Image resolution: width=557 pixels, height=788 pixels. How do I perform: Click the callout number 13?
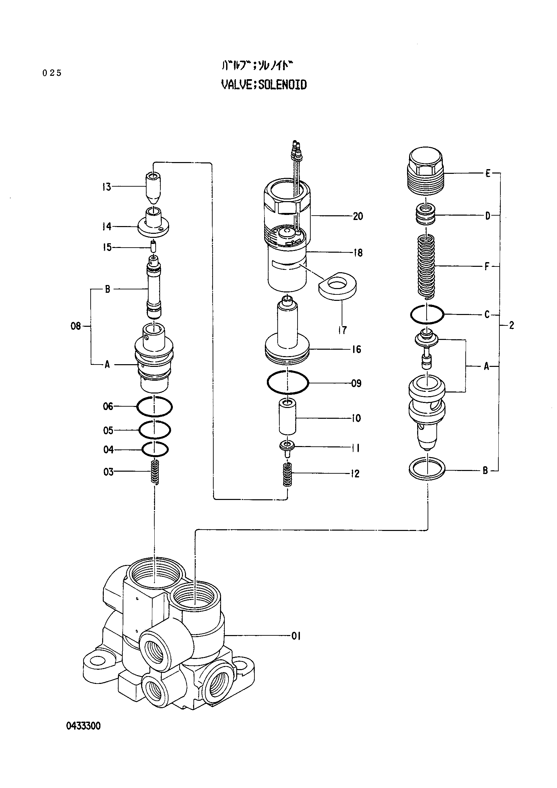(x=106, y=187)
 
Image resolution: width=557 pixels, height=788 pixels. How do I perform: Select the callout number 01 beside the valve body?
(x=296, y=636)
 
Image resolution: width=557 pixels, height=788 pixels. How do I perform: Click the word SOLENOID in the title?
(x=282, y=85)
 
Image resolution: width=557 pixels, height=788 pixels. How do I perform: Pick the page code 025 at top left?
(x=52, y=73)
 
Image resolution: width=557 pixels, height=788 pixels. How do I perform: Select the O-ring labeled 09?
(x=288, y=382)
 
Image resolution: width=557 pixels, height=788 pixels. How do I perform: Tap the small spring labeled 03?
(x=155, y=472)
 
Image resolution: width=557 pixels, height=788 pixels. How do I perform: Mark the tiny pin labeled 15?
(x=153, y=246)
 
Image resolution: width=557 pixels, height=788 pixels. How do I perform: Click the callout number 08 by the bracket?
(x=75, y=326)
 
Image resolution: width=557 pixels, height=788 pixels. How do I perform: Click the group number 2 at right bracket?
(x=512, y=325)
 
